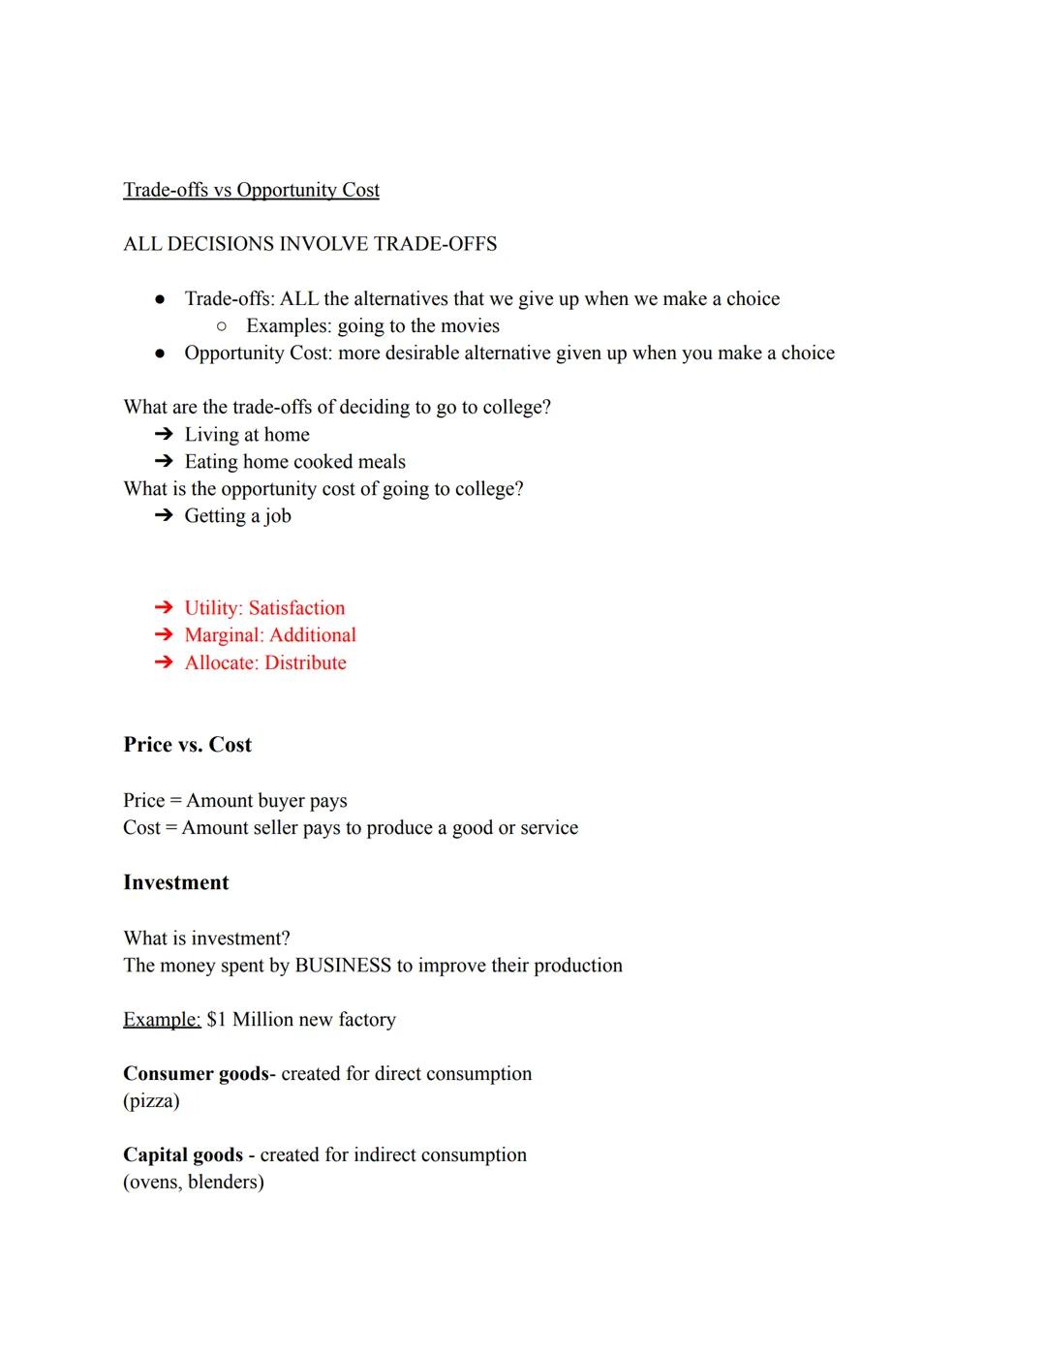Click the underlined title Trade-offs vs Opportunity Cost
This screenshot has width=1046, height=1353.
tap(251, 190)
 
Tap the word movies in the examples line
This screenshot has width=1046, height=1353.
tap(470, 326)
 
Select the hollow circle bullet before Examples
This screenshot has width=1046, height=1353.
tap(222, 326)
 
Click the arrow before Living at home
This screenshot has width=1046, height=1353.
tap(164, 435)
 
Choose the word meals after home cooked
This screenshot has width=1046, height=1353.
tap(382, 462)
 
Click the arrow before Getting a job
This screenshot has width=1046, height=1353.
tap(164, 516)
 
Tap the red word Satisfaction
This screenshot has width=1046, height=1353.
tap(296, 608)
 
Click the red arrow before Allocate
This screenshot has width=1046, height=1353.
tap(164, 662)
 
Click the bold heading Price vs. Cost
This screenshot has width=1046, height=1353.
tap(187, 745)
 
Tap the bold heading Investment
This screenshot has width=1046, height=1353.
tap(176, 882)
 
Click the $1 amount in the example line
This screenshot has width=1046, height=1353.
tap(216, 1020)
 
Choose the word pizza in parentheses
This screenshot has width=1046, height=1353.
tap(151, 1101)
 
